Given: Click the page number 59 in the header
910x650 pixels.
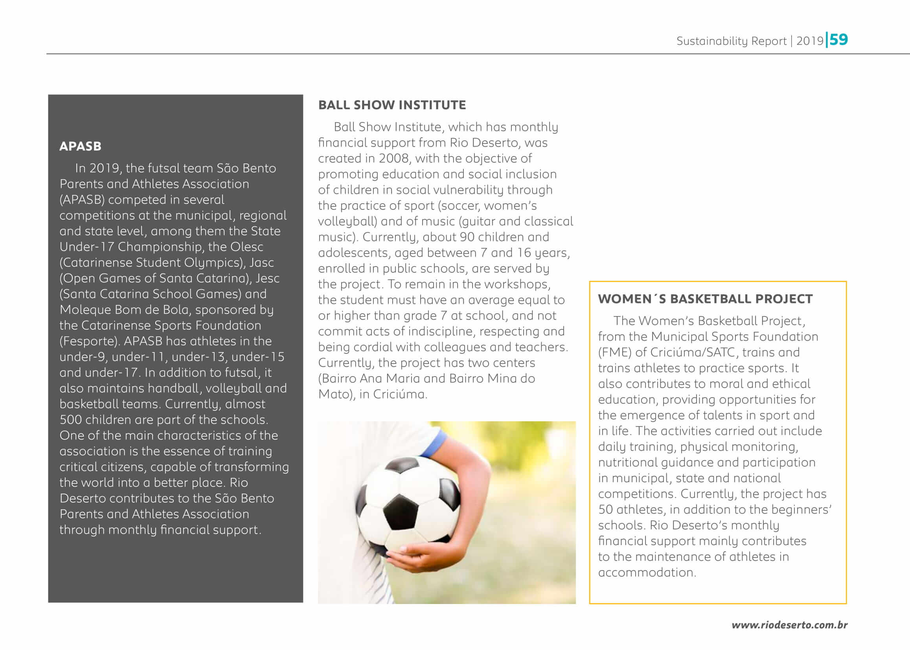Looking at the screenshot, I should point(838,40).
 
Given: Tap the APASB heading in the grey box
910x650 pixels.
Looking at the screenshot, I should point(80,147).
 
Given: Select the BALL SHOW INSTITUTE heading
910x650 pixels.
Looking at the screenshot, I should point(392,105).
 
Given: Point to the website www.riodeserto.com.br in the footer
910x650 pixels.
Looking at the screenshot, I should point(789,625).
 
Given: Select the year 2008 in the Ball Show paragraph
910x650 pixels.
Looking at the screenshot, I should point(394,158).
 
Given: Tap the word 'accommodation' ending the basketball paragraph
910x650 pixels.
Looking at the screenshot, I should point(646,573).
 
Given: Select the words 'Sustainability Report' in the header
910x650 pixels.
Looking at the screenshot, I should point(731,41).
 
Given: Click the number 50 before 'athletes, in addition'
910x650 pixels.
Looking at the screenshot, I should point(605,510).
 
